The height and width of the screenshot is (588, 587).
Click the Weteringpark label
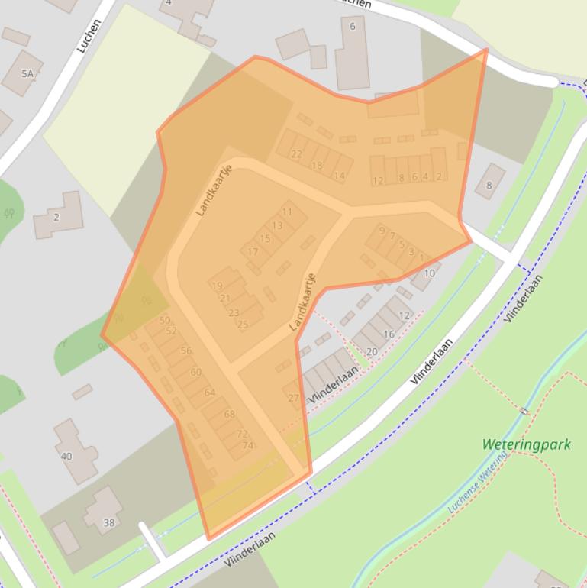(527, 444)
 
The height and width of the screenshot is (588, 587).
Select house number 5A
(28, 73)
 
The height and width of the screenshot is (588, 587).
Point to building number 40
(66, 456)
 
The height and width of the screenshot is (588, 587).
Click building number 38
(108, 523)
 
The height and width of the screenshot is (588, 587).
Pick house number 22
(296, 153)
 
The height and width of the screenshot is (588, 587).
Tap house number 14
(339, 175)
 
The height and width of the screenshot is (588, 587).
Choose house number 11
(287, 212)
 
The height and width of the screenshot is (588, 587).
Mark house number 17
(253, 251)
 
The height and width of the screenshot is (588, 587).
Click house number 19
(218, 286)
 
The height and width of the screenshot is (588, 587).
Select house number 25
(243, 324)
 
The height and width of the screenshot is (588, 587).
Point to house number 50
(164, 320)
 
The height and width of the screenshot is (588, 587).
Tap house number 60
(196, 372)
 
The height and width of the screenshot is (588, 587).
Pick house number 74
(247, 445)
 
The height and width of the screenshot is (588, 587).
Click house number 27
(293, 398)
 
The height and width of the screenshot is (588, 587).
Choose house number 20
(372, 351)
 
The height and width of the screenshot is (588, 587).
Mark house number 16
(389, 334)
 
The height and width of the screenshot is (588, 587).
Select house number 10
(429, 273)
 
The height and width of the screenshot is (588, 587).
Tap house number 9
(382, 230)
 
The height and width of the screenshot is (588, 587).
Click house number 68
(230, 414)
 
